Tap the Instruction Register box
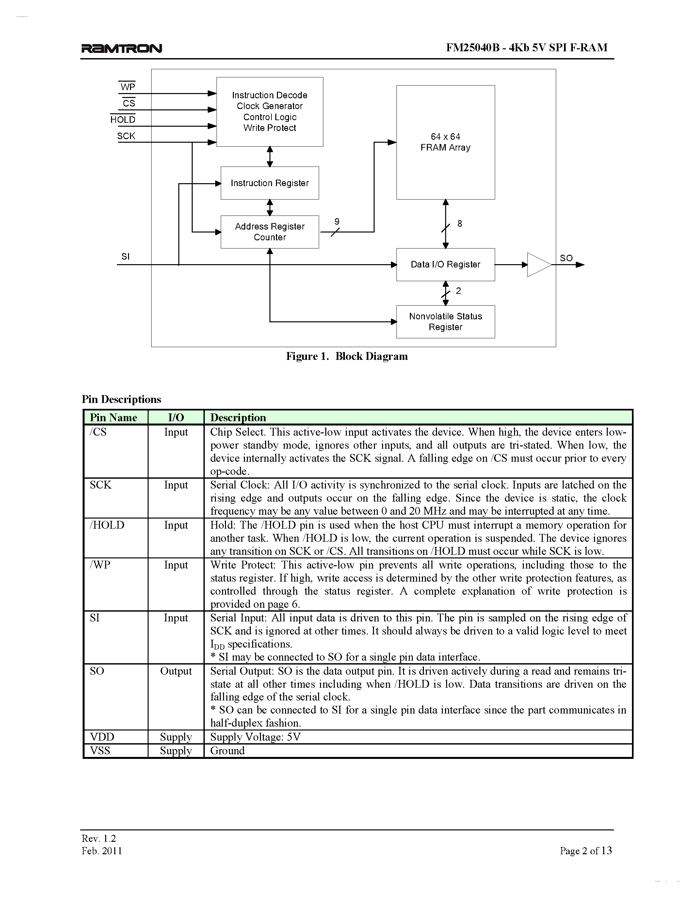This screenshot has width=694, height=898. [270, 183]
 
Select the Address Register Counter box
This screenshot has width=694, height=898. [270, 232]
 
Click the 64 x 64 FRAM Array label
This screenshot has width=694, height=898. [445, 142]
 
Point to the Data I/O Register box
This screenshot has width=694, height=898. [445, 265]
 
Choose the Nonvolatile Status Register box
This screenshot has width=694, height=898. [445, 322]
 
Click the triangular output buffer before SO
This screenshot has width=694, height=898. [538, 265]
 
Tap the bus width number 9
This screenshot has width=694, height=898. [337, 222]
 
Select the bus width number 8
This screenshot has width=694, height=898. [460, 223]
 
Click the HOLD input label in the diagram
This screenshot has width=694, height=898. [122, 120]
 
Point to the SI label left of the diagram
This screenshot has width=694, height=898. [125, 257]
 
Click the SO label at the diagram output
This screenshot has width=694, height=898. [566, 258]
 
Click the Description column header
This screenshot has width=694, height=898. [238, 417]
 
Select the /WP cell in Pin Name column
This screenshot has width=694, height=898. [100, 565]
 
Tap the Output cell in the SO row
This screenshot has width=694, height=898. [176, 671]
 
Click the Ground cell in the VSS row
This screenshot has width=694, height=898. [227, 750]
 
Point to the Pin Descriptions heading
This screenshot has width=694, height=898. [121, 399]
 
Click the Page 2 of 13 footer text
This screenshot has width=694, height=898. [586, 851]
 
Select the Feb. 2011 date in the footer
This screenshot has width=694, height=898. [102, 851]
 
